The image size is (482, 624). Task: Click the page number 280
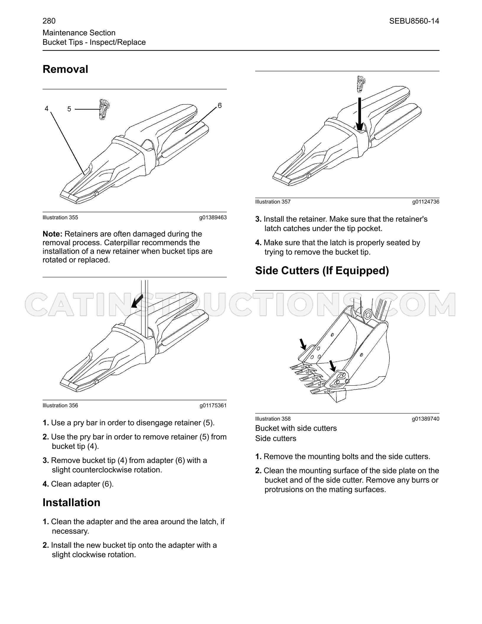[x=49, y=21]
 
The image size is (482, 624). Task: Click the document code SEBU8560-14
[x=414, y=21]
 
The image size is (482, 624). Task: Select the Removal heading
[x=65, y=69]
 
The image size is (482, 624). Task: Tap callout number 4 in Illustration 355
[x=46, y=109]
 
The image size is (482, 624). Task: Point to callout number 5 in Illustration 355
[x=69, y=109]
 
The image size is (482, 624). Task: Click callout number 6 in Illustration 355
[x=219, y=105]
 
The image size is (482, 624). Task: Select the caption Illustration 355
[x=60, y=217]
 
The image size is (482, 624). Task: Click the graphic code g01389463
[x=213, y=217]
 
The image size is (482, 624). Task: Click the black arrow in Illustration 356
[x=137, y=301]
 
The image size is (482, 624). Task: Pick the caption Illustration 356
[x=60, y=405]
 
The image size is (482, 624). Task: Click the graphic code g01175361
[x=213, y=405]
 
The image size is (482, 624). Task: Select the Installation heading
[x=71, y=502]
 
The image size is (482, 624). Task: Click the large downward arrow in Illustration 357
[x=359, y=114]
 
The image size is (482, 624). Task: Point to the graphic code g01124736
[x=426, y=202]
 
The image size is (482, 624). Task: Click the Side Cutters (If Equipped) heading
[x=322, y=271]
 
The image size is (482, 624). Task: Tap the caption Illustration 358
[x=273, y=419]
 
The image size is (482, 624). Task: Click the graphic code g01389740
[x=426, y=419]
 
